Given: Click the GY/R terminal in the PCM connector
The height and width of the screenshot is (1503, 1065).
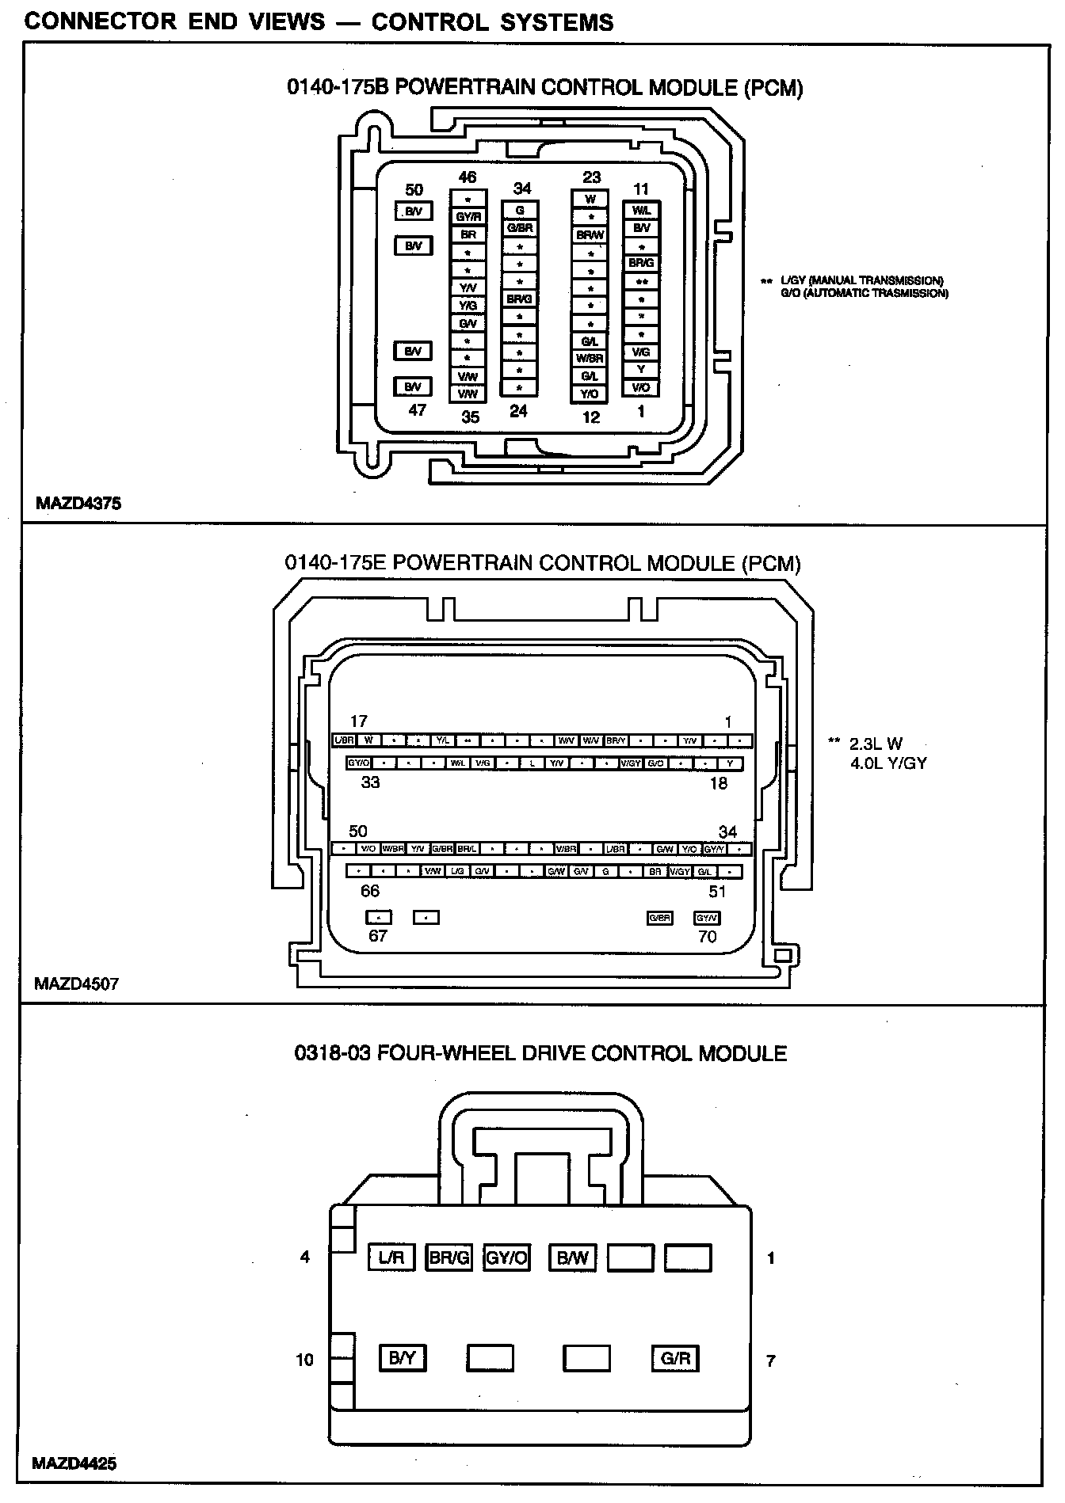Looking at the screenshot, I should pos(468,216).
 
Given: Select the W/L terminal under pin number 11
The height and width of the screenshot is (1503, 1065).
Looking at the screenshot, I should pos(641,211).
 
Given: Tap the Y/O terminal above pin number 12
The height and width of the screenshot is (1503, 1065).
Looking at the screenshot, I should pos(590,394).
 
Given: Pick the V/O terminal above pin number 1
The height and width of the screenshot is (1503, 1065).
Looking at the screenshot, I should pos(641,387).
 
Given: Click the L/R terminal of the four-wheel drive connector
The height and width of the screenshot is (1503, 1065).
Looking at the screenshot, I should pos(391,1258).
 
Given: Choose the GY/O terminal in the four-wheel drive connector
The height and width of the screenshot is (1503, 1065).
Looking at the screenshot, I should pos(506,1258).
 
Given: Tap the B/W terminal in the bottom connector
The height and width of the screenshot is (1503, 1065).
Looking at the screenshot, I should pos(572,1258).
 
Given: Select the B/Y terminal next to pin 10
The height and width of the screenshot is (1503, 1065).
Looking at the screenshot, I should pos(403,1359).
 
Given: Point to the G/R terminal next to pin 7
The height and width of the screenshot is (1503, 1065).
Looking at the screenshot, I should pos(675,1359).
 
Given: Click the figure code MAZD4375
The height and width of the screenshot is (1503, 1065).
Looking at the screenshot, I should pos(78,503).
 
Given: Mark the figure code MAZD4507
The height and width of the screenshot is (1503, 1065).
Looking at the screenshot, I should pos(77,984).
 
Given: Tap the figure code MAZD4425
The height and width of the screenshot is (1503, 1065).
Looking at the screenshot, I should pos(74,1463).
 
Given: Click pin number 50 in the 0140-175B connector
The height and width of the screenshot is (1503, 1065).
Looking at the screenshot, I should pos(414,189).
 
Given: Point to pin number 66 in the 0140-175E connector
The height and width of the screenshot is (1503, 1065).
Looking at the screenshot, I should pos(370,891).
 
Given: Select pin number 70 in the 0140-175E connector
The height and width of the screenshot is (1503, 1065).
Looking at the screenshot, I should pos(707,937).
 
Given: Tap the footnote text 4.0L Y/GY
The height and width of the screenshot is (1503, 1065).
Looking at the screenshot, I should pos(887,763).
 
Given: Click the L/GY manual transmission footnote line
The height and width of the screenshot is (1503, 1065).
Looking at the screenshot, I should pos(861,281).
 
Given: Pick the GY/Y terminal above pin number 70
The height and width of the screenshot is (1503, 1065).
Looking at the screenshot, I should pos(707,918).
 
